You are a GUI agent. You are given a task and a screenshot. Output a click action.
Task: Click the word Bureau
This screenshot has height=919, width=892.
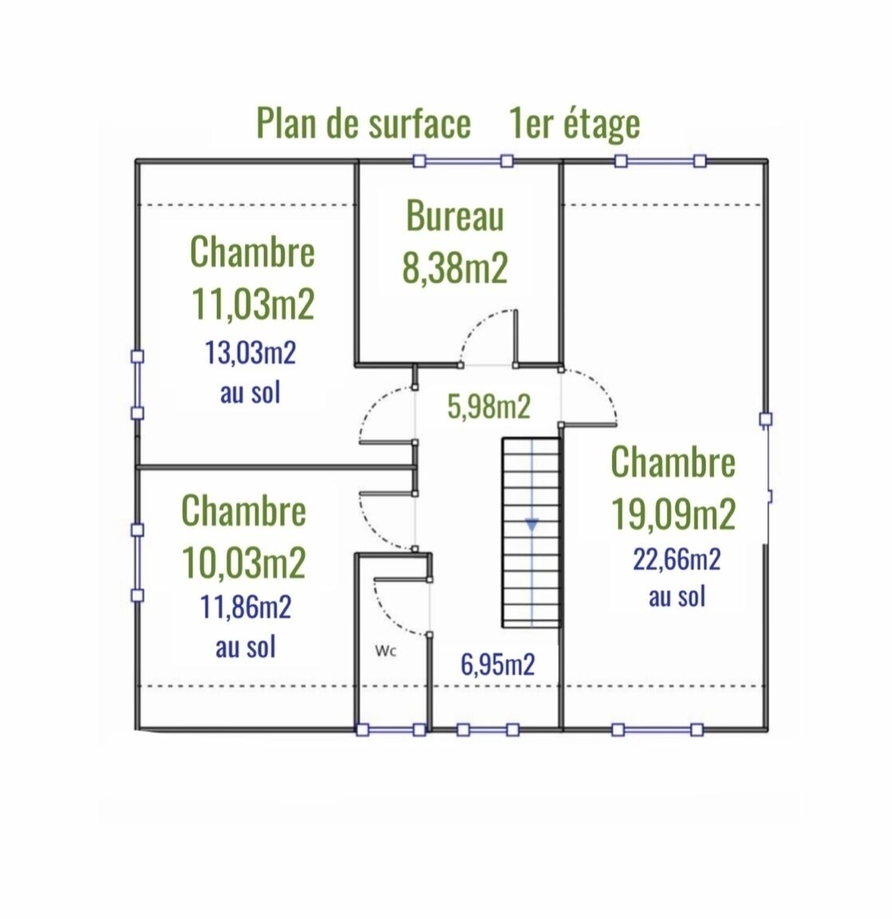455,216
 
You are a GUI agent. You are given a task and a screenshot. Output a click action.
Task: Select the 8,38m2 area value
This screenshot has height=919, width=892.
455,268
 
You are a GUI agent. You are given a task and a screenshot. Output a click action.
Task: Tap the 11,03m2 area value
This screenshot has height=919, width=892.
253,304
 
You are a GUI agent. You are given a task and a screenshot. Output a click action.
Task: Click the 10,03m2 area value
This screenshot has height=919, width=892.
244,563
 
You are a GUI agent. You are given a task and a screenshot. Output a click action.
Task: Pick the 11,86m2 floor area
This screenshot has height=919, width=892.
246,608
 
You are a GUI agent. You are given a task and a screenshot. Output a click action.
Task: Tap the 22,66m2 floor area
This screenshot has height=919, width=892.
677,559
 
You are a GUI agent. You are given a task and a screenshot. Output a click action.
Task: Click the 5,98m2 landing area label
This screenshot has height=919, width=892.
489,407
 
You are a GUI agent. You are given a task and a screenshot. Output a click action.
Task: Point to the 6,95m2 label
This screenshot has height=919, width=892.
498,664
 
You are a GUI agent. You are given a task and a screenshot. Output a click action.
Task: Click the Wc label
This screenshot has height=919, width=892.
386,650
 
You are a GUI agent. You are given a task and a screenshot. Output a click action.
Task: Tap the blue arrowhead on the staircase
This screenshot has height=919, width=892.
532,524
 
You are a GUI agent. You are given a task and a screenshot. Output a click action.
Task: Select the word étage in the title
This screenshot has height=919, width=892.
599,124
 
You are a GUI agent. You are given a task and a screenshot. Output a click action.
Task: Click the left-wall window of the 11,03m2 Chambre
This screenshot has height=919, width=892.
137,385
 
